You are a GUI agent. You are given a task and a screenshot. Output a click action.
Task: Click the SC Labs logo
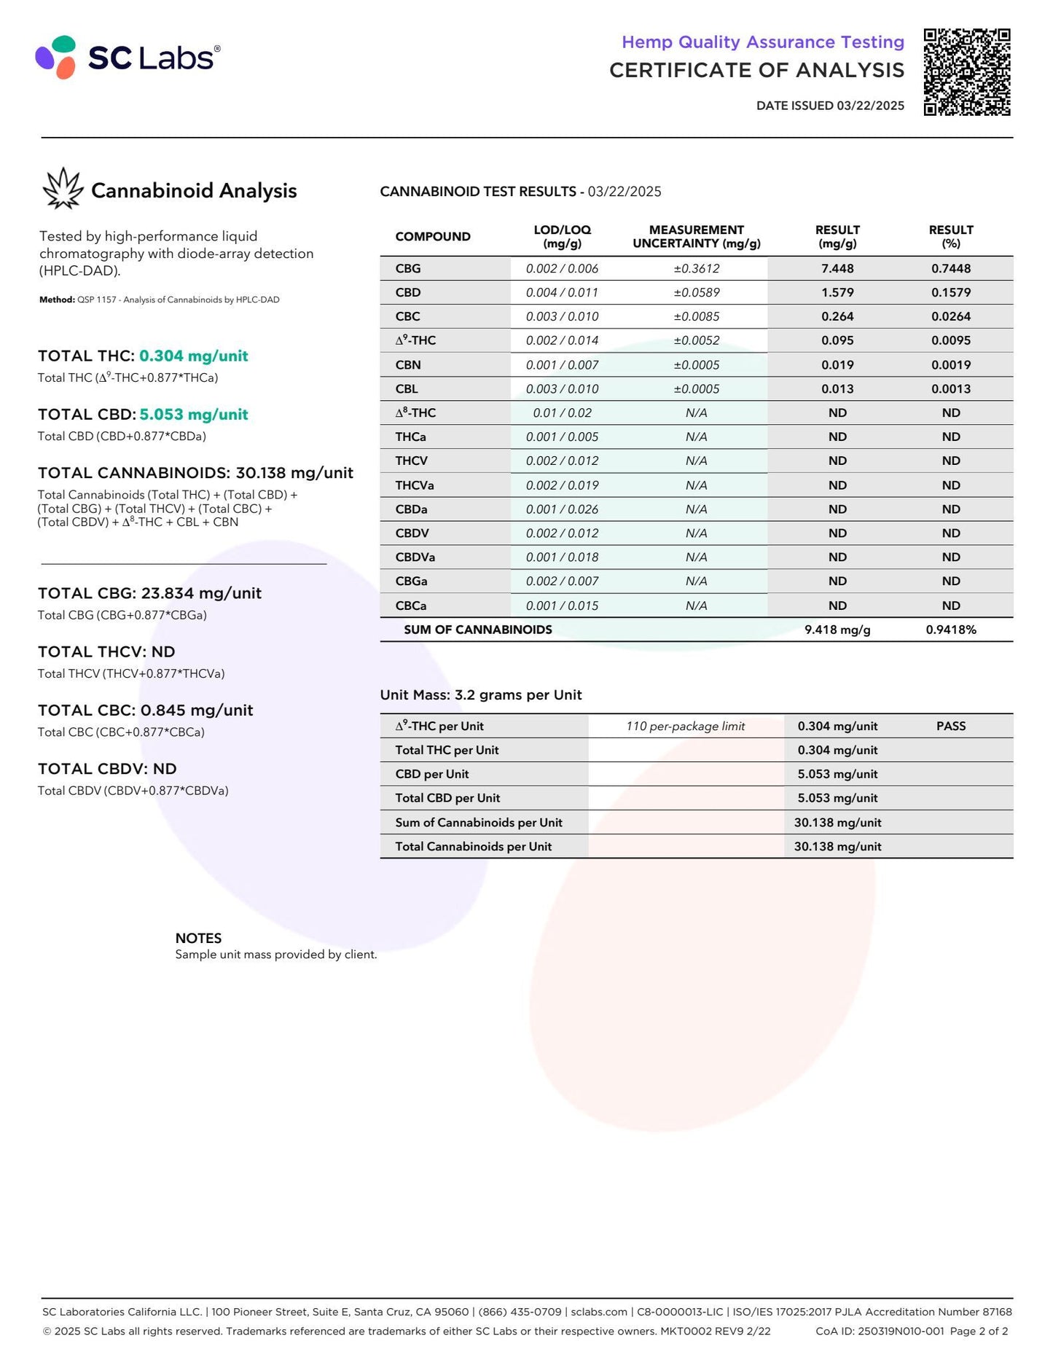point(128,58)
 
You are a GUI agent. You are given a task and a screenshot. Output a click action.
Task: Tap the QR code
point(967,72)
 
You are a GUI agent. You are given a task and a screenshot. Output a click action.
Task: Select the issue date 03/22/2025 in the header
point(870,106)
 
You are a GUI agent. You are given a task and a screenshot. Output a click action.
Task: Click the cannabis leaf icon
point(63,189)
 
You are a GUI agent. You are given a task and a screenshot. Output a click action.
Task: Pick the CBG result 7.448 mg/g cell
point(837,268)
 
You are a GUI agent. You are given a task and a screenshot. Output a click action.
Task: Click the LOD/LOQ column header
point(562,236)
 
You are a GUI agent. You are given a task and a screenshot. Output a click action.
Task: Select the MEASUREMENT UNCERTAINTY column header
point(696,236)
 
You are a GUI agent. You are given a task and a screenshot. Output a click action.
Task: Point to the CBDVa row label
point(415,557)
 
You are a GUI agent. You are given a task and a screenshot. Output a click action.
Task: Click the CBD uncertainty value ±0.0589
point(696,292)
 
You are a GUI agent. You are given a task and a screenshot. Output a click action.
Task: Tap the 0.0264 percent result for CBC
point(950,316)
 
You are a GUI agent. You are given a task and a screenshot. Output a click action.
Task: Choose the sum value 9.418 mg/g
point(837,630)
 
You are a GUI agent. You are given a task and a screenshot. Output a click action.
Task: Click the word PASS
point(950,726)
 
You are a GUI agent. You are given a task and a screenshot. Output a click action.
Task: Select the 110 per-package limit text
point(685,726)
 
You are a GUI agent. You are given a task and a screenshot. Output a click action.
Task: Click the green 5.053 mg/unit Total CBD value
point(194,415)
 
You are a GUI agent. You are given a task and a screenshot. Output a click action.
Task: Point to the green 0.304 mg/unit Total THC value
point(194,356)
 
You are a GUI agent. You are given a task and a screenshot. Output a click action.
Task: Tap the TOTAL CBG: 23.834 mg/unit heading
point(149,593)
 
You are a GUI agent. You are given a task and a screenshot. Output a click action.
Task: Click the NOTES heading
point(198,938)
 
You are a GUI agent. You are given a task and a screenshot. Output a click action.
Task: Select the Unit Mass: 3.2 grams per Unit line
point(481,694)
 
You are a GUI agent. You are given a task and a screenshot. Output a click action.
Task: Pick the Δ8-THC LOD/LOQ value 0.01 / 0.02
point(562,412)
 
